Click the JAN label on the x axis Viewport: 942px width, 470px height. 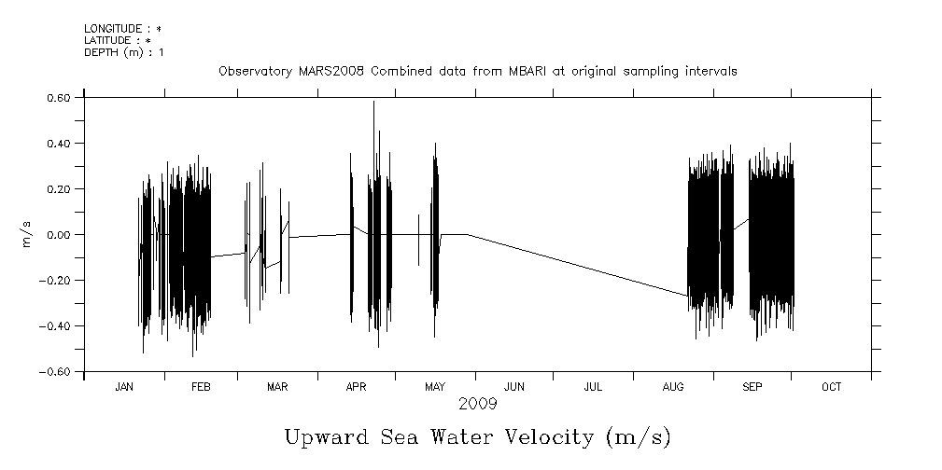pos(123,387)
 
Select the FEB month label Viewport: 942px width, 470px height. pos(201,387)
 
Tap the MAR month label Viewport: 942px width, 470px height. pos(277,387)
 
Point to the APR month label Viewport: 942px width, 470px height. pos(356,387)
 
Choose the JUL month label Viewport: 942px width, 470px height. pos(592,387)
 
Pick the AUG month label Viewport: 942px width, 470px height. pos(672,387)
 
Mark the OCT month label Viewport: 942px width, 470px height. pos(831,387)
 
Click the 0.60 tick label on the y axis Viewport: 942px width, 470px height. pos(59,97)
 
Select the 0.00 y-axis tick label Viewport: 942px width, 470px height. pos(59,234)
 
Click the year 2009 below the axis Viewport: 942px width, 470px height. pos(477,404)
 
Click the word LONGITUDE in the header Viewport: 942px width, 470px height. pos(113,29)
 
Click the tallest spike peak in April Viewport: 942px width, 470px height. pos(373,103)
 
